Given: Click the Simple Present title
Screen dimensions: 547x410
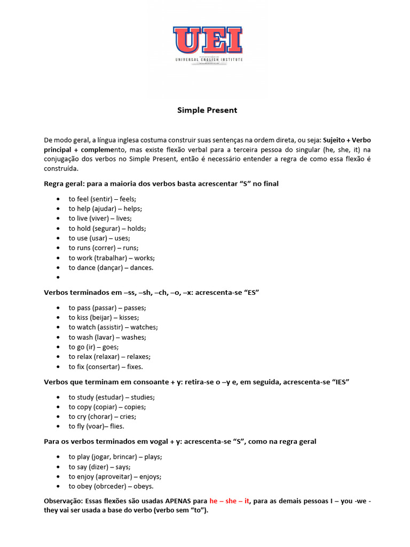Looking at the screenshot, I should pyautogui.click(x=207, y=111).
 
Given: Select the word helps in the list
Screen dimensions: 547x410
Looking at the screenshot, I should pyautogui.click(x=132, y=209).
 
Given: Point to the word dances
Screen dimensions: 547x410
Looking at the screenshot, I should pyautogui.click(x=141, y=268).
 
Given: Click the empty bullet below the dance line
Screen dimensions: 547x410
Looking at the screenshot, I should pyautogui.click(x=58, y=278).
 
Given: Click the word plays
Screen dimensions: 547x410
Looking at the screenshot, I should pyautogui.click(x=153, y=457).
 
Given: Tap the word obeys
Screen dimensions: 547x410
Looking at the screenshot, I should pyautogui.click(x=144, y=486).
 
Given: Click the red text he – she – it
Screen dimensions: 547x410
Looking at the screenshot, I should pyautogui.click(x=230, y=502).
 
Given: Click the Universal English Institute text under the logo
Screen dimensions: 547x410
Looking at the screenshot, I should pyautogui.click(x=209, y=60).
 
